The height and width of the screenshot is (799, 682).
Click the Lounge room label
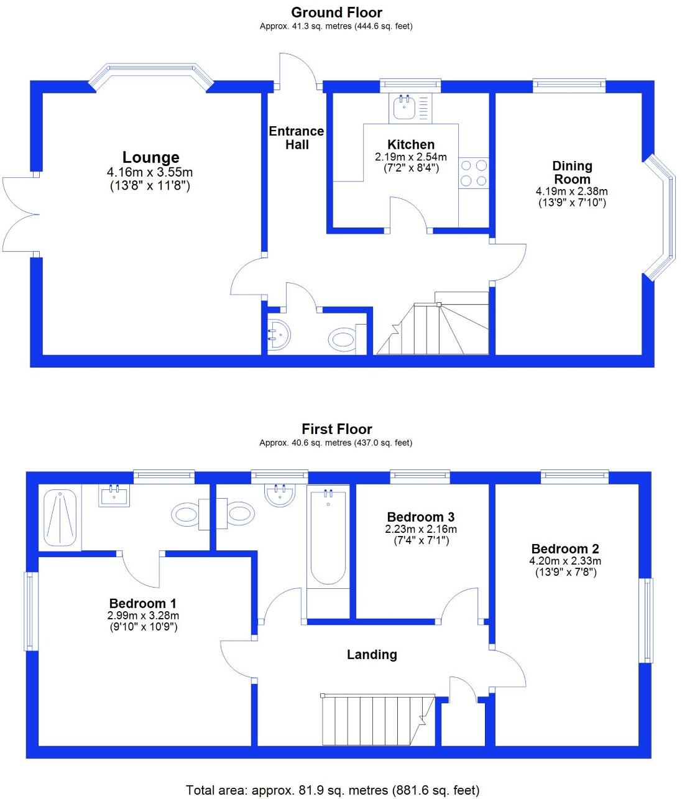(x=150, y=157)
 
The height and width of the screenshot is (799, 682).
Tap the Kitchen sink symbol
(x=404, y=108)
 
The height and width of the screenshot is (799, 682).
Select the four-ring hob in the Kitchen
(x=473, y=173)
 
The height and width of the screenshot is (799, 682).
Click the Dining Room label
(x=572, y=172)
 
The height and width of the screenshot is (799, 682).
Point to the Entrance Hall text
(x=297, y=137)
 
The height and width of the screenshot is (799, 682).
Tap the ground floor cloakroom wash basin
(x=279, y=336)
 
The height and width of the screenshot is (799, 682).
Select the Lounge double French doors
(x=20, y=215)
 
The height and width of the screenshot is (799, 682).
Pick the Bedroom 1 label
(x=142, y=603)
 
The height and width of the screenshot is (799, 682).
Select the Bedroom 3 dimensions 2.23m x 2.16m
(x=421, y=530)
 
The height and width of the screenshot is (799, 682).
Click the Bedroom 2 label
(x=565, y=549)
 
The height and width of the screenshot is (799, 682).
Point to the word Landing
(x=372, y=654)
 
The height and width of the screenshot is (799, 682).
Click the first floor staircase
(x=376, y=720)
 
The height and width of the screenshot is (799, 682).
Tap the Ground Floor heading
(x=336, y=12)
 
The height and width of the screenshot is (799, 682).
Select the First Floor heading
(x=336, y=429)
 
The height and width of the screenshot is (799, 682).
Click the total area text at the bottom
(x=333, y=790)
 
